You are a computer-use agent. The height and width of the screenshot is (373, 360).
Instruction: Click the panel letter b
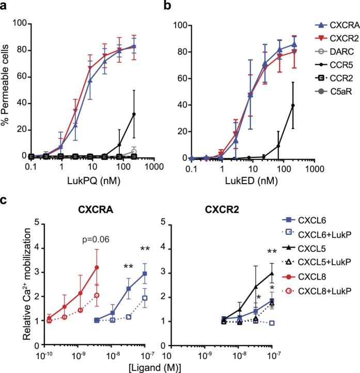(x=164, y=7)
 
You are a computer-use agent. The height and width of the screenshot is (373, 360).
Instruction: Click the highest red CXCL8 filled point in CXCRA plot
(x=96, y=267)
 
